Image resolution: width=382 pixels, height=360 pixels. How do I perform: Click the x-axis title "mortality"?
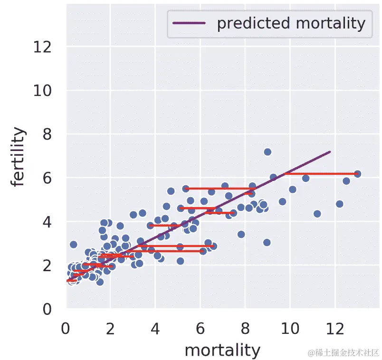[x=222, y=350]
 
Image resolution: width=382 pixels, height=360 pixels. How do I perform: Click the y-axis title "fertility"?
[x=19, y=157]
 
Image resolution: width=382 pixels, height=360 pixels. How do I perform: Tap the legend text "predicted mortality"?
[x=291, y=23]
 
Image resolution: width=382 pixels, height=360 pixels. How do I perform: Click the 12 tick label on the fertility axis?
[x=43, y=47]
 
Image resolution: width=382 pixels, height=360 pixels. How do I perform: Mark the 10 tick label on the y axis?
[x=43, y=91]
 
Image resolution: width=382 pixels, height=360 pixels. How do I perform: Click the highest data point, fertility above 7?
[x=267, y=152]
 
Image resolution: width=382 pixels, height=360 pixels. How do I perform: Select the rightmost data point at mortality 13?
[x=357, y=174]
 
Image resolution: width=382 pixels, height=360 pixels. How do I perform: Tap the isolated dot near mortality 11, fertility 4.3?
[x=317, y=214]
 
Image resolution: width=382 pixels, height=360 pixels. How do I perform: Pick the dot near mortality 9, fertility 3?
[x=267, y=242]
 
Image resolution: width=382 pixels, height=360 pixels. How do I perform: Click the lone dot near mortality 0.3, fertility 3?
[x=73, y=245]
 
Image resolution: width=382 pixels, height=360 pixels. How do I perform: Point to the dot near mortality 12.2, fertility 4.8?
[x=339, y=204]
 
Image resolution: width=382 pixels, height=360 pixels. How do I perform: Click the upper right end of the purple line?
[x=330, y=152]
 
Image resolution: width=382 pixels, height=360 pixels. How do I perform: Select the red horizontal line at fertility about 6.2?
[x=321, y=174]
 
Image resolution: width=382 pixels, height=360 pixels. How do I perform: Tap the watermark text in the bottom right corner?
[x=343, y=352]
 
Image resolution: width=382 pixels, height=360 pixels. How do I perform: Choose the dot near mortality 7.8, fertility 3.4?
[x=241, y=234]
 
